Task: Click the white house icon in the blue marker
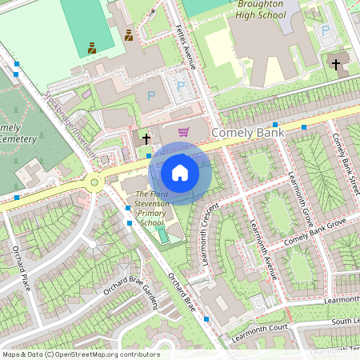[x=180, y=173]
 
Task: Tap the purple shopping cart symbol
[x=183, y=132]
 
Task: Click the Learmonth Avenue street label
[x=263, y=249]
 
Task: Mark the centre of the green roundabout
[x=95, y=183]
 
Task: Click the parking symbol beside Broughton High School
[x=325, y=30]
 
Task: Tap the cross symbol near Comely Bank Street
[x=336, y=64]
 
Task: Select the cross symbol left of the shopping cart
[x=146, y=138]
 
